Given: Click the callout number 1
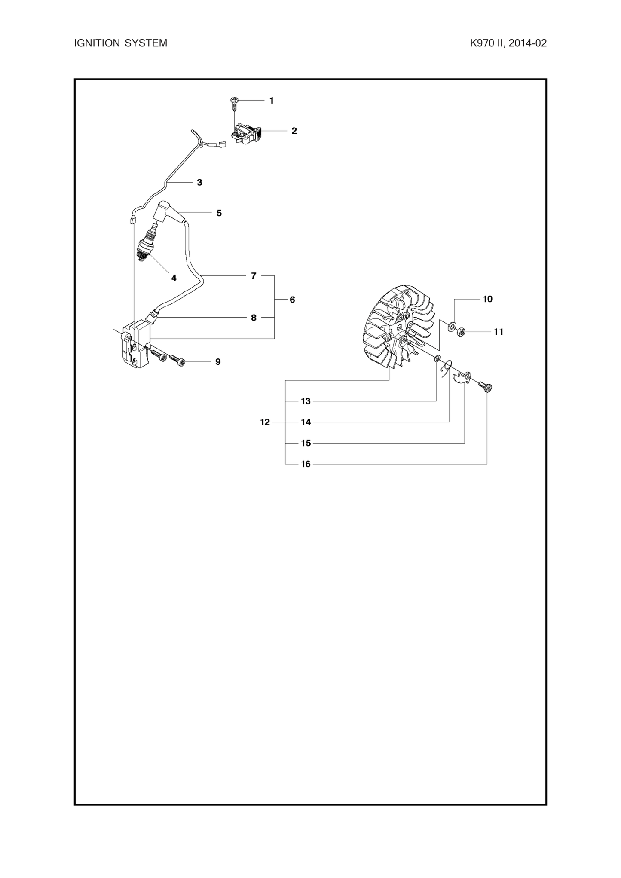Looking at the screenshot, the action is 272,101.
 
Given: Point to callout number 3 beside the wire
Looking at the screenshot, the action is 199,182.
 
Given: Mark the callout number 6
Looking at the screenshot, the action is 292,300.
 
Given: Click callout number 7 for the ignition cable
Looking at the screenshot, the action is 254,276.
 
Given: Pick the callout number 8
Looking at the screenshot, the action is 254,318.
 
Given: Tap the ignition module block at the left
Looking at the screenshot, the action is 135,344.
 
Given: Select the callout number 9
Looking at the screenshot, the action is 218,362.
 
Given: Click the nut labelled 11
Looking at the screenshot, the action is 462,332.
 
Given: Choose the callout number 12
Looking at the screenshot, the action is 265,422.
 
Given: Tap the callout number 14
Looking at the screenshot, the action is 306,422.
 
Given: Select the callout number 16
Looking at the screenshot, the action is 306,464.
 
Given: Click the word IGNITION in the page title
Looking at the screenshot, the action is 97,43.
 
